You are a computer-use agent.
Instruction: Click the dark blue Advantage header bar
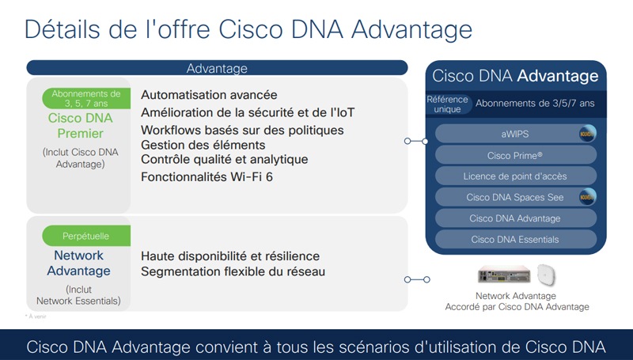pos(217,68)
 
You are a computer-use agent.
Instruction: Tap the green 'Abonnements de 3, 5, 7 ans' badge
pos(85,99)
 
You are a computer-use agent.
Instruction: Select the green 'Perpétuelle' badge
pos(85,235)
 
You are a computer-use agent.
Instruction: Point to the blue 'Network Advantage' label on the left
pos(78,263)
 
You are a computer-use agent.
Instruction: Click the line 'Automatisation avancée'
pos(209,93)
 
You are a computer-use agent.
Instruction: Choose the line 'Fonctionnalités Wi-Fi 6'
pos(207,176)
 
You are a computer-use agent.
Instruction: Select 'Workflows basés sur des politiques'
pos(242,130)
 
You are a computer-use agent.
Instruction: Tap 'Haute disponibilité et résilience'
pos(230,256)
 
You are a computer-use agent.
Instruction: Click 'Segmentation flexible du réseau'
pos(233,271)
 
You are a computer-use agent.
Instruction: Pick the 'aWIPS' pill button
pos(515,134)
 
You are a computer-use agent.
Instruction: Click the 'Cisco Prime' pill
pos(515,155)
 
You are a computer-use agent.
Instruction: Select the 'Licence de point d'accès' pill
pos(515,176)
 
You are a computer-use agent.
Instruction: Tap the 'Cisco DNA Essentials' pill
pos(515,239)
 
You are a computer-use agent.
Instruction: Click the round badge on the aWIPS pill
pos(586,134)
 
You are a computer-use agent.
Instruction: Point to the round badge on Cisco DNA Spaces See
pos(586,197)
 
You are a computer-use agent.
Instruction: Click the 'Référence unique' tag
pos(447,104)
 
